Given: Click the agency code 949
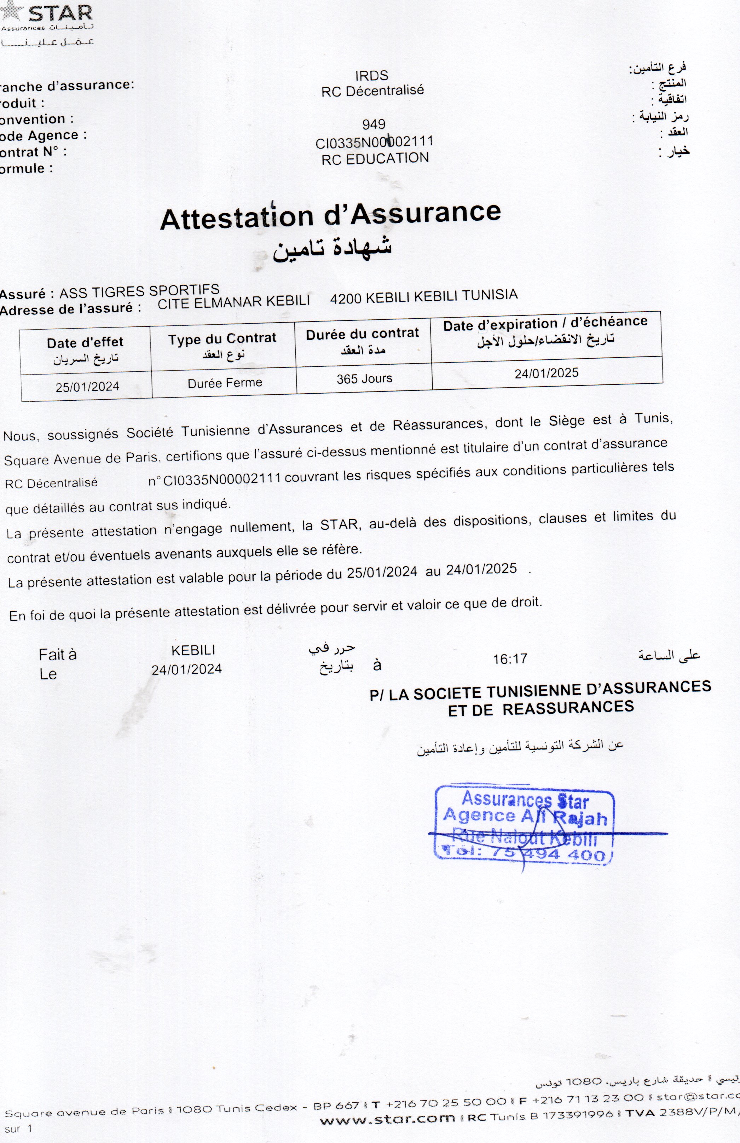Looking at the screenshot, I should pos(374,124).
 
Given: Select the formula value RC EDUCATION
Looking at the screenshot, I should pos(375,159).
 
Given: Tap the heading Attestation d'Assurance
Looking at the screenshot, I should pos(330,215).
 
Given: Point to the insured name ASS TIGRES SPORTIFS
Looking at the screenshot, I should pos(139,291).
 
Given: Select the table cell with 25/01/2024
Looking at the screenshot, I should pos(87,387).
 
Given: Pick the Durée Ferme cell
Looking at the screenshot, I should pos(225,383).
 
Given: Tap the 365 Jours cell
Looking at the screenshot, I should pos(364,378).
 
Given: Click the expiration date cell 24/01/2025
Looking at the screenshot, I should pos(547,373).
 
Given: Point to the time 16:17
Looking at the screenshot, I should pos(510,659).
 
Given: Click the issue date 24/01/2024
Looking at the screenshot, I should pos(187,669).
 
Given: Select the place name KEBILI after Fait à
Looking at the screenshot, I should pos(193,650).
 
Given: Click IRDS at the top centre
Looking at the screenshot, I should pos(372,76).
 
